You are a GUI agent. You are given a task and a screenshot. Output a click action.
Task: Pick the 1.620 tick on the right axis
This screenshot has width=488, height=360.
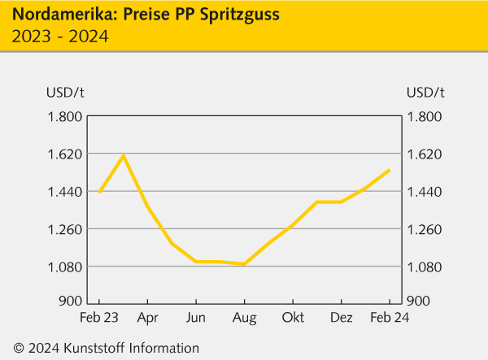click(425, 154)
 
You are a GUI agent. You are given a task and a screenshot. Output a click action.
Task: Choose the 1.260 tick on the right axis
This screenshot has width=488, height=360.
click(425, 229)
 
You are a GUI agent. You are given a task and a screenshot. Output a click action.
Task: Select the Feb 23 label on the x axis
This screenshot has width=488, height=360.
click(99, 317)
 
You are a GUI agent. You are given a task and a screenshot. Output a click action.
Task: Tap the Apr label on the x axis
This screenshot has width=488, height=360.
click(147, 317)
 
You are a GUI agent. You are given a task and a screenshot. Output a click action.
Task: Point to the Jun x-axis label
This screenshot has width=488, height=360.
click(195, 317)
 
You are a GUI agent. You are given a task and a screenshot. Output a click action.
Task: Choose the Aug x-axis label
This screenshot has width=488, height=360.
click(244, 317)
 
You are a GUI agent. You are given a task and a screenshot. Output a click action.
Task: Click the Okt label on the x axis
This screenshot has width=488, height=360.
click(292, 317)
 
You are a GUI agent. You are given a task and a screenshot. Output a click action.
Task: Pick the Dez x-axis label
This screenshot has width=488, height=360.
click(340, 317)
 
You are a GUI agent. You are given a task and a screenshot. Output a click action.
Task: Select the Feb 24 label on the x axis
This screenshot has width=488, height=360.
click(389, 317)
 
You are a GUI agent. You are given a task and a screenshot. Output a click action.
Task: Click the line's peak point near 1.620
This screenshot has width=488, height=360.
click(123, 155)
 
